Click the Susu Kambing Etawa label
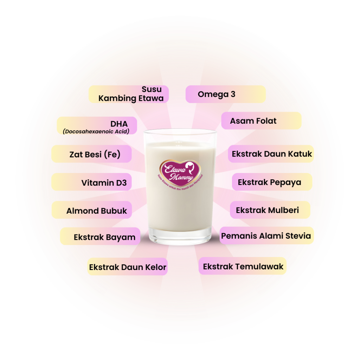129,94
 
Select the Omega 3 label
225,94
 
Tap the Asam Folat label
261,121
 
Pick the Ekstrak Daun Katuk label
271,154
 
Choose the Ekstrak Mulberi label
270,210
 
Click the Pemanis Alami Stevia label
266,236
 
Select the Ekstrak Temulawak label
243,266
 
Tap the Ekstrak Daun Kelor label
128,267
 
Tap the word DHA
119,124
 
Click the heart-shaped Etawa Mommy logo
180,171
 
